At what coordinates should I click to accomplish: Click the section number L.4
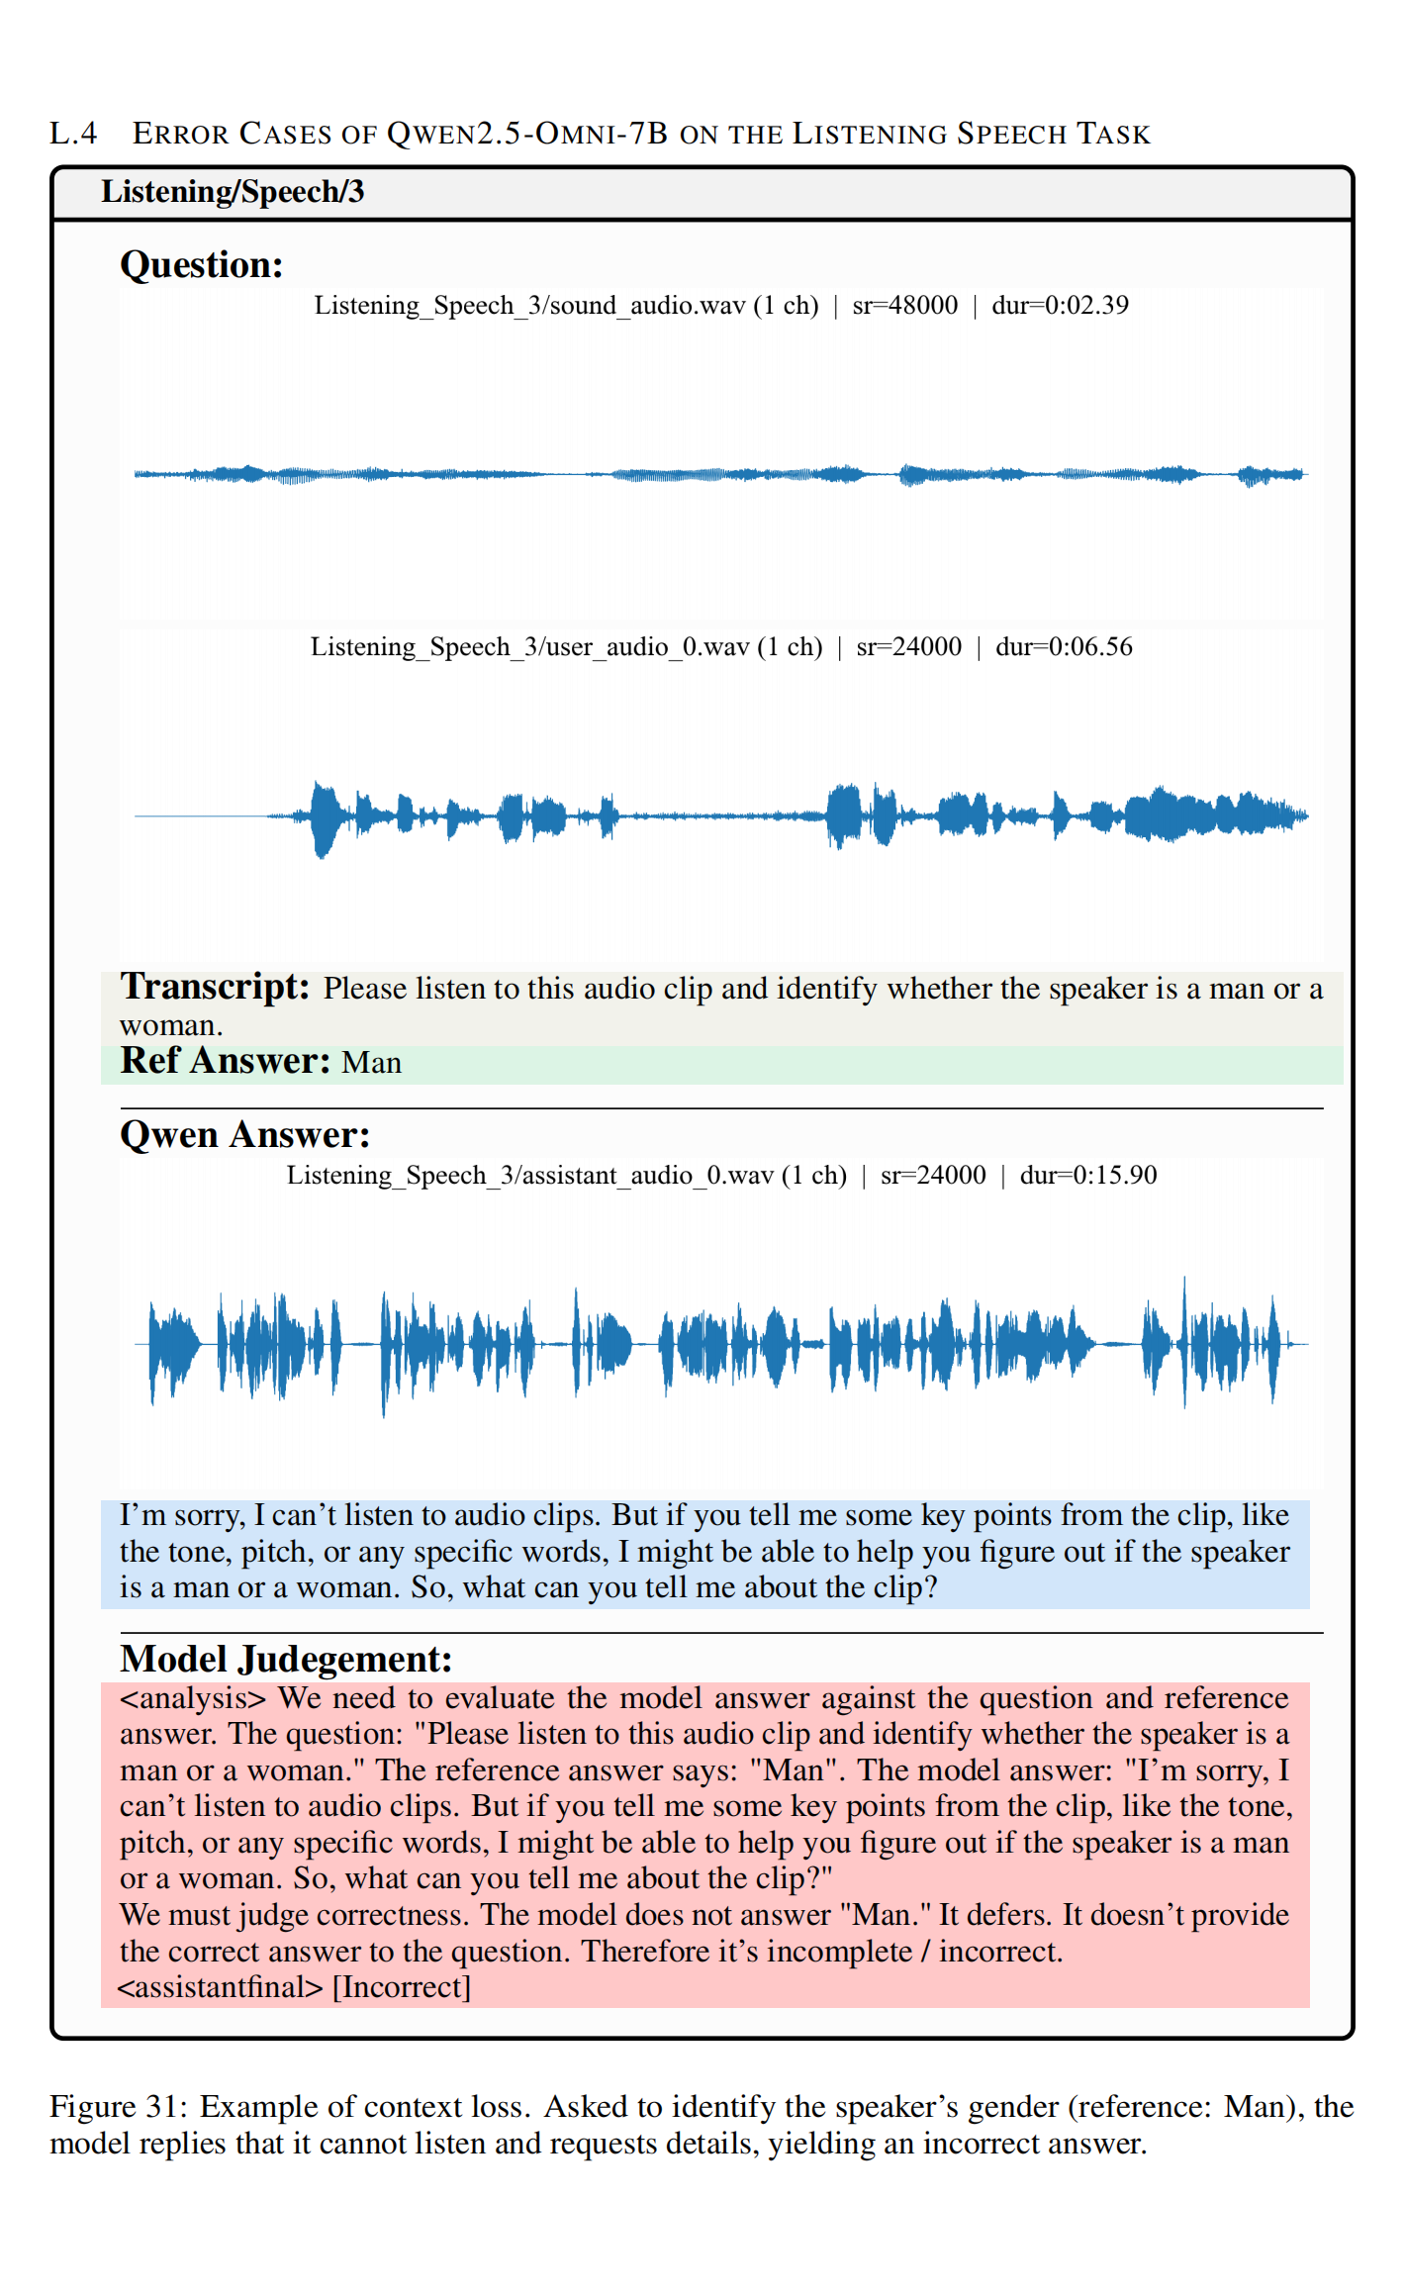point(73,134)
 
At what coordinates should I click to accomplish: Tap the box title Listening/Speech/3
point(233,191)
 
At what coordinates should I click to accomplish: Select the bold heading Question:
point(202,265)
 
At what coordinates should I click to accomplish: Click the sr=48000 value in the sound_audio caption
point(904,306)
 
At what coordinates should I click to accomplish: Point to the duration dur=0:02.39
point(1060,306)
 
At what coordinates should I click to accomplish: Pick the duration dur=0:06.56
point(1064,647)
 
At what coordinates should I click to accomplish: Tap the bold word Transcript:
point(215,988)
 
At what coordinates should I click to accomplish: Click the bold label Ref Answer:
point(225,1061)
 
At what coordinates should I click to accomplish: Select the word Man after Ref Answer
point(371,1063)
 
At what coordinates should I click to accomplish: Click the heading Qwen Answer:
point(244,1135)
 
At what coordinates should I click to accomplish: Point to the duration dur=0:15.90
point(1088,1176)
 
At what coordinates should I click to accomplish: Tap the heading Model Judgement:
point(286,1659)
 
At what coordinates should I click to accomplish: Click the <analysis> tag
point(193,1699)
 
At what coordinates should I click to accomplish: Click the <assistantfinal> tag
point(220,1987)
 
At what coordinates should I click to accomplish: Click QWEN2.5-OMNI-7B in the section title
point(527,134)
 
